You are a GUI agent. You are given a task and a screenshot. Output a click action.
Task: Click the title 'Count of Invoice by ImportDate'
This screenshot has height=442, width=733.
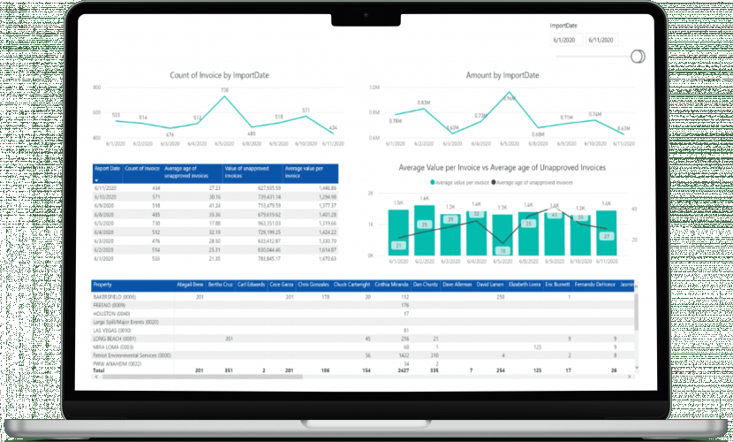click(219, 75)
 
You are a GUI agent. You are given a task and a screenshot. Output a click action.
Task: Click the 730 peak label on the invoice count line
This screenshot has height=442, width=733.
click(224, 89)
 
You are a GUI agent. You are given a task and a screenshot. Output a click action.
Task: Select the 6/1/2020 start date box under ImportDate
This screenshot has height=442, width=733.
click(563, 40)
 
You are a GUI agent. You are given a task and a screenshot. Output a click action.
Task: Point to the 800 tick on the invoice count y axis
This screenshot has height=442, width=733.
click(95, 88)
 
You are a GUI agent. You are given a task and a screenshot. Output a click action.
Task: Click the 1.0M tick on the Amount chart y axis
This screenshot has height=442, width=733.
click(374, 88)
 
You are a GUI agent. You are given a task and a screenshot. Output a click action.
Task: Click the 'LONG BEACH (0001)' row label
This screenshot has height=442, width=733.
click(114, 339)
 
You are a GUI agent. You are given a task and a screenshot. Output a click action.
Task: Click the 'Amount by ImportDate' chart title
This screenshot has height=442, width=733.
click(501, 75)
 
